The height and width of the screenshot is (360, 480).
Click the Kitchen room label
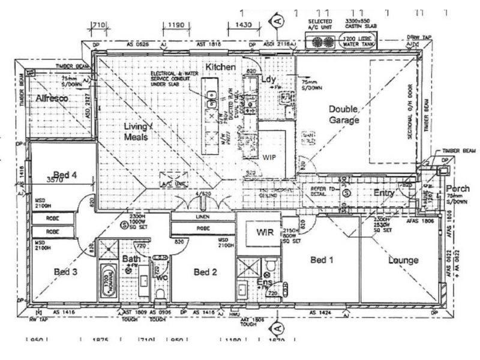coord(221,67)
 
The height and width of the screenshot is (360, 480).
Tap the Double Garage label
coord(344,115)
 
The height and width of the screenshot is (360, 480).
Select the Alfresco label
coord(53,98)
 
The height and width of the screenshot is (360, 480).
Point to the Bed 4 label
coord(65,175)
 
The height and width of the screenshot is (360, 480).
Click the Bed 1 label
coord(322,260)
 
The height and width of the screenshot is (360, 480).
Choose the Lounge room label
coord(403,260)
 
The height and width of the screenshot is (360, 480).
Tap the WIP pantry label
coord(269,155)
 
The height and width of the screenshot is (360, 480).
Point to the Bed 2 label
coord(205,272)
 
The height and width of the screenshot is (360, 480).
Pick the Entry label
coord(384,193)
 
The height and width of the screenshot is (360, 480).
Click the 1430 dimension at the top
coord(244,26)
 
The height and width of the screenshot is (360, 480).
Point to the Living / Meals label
coord(139,131)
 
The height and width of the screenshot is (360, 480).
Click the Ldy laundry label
coord(268,80)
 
